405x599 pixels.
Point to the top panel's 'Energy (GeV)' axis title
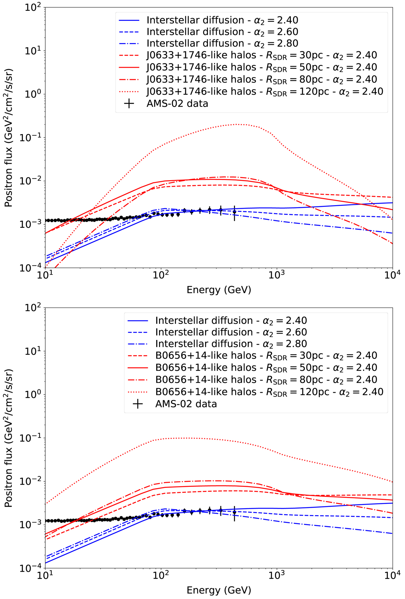tap(219, 289)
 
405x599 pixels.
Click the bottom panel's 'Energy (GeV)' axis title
tap(219, 590)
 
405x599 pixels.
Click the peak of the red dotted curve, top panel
tap(236, 124)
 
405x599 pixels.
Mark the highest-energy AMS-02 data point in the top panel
tap(234, 212)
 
